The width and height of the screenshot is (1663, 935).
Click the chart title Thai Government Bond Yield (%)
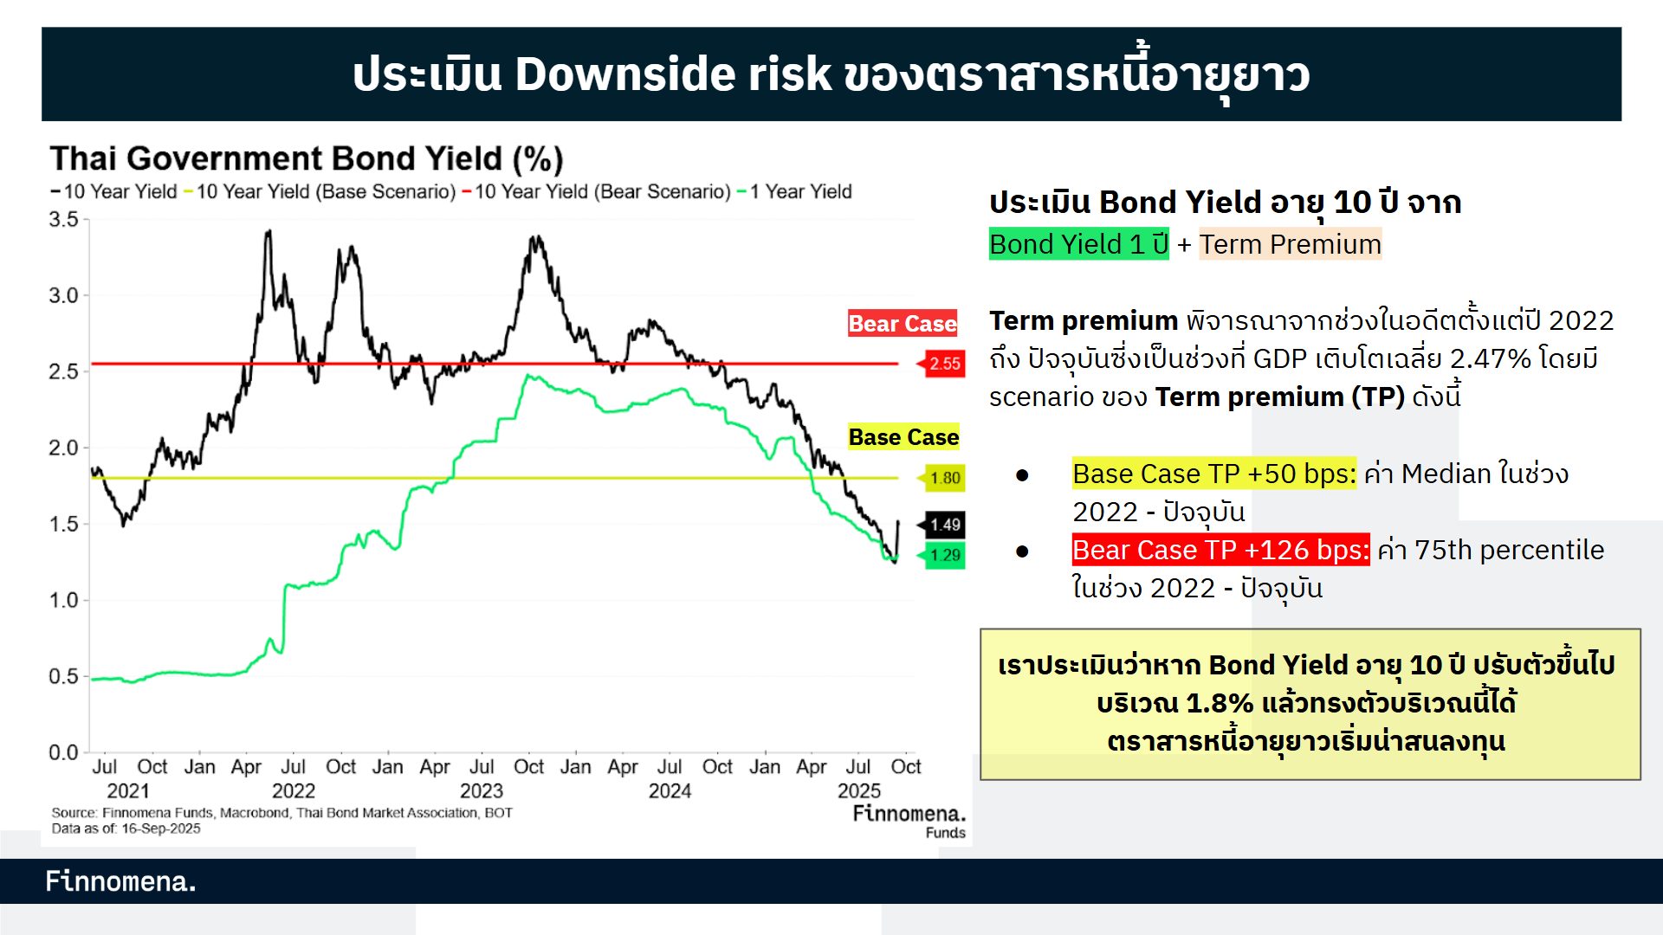[307, 159]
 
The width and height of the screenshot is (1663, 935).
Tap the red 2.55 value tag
[944, 364]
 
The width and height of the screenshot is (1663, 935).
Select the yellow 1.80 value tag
[944, 478]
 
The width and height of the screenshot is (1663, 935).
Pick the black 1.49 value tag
[944, 525]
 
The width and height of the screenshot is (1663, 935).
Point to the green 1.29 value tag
[944, 555]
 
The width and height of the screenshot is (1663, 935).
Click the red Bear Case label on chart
[903, 324]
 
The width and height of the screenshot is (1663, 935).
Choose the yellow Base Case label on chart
[903, 437]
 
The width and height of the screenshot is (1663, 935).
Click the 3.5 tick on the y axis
[63, 220]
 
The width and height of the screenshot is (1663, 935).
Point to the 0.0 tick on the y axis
[63, 752]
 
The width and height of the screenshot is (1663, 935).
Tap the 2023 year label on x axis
[481, 790]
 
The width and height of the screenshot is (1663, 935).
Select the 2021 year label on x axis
[128, 790]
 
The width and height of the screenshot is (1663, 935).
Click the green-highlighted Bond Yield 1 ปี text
[1078, 244]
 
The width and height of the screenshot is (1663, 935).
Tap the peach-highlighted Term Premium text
[1290, 244]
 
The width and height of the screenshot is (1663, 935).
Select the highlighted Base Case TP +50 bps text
[1213, 474]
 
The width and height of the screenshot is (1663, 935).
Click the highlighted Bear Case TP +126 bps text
[1220, 550]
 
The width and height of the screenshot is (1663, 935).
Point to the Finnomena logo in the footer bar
[120, 881]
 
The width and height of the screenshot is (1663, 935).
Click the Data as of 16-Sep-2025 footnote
[126, 829]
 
